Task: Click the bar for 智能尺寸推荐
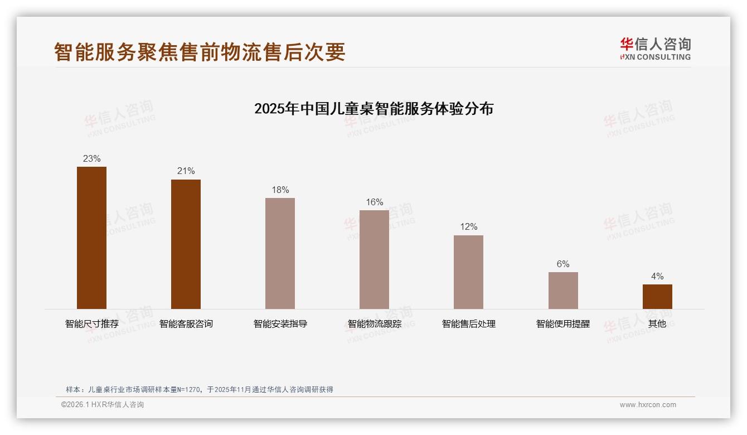91,238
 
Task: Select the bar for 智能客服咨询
186,244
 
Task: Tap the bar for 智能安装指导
280,253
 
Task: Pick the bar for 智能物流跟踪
374,259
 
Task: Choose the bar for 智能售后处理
468,272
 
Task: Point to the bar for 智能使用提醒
563,291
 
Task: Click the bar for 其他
657,297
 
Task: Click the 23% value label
91,159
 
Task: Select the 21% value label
186,171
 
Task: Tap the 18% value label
280,190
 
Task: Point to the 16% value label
374,202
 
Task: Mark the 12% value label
468,227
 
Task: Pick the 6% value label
563,264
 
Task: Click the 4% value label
657,277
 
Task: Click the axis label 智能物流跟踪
374,324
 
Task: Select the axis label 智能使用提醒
563,324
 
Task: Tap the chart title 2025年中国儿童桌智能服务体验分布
373,109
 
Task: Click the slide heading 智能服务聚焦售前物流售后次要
200,52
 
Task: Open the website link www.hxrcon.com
648,405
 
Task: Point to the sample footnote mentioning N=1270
199,389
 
